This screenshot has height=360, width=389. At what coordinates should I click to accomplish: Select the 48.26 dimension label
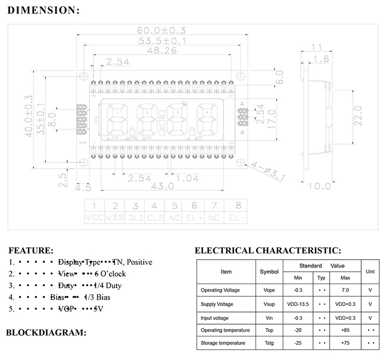(162, 51)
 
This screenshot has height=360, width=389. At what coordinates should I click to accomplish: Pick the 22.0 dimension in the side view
(358, 114)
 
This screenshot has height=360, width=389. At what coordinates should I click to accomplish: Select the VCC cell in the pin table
(95, 218)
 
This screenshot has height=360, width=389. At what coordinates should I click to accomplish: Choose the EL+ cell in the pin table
(194, 218)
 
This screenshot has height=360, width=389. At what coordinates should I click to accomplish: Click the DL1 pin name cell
(135, 218)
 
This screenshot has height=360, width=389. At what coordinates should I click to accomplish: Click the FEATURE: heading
(31, 250)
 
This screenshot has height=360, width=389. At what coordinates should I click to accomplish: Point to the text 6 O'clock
(113, 273)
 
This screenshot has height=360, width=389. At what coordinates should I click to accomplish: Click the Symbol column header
(269, 271)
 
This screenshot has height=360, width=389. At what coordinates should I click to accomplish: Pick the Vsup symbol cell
(269, 304)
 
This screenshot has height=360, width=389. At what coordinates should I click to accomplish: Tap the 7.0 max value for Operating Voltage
(345, 290)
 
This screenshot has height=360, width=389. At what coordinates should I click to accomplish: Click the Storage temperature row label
(223, 343)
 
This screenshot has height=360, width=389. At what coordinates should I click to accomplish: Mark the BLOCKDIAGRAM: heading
(46, 332)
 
